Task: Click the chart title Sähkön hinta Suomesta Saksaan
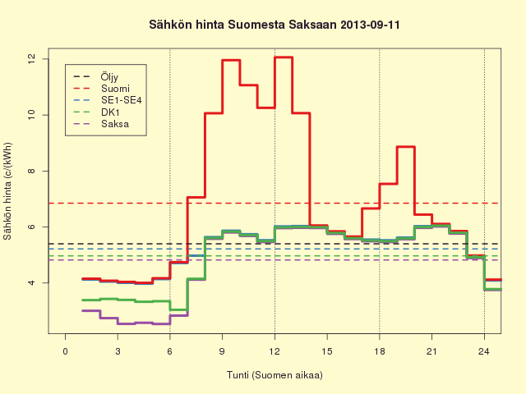pyautogui.click(x=243, y=25)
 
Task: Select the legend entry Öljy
pyautogui.click(x=109, y=77)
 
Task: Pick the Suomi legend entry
pyautogui.click(x=115, y=89)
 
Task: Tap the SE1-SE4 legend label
pyautogui.click(x=122, y=100)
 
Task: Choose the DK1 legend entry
pyautogui.click(x=110, y=112)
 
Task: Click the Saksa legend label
pyautogui.click(x=115, y=124)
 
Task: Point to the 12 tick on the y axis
pyautogui.click(x=31, y=59)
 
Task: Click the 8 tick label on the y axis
pyautogui.click(x=31, y=171)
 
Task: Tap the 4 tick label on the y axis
pyautogui.click(x=31, y=282)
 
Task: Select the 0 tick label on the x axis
pyautogui.click(x=66, y=351)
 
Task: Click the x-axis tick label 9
pyautogui.click(x=222, y=351)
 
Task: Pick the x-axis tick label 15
pyautogui.click(x=327, y=351)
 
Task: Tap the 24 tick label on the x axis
pyautogui.click(x=484, y=351)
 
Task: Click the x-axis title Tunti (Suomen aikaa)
pyautogui.click(x=275, y=375)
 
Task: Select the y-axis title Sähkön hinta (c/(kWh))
pyautogui.click(x=7, y=191)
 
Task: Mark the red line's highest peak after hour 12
pyautogui.click(x=284, y=57)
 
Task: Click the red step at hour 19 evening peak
pyautogui.click(x=406, y=147)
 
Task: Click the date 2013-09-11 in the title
pyautogui.click(x=370, y=25)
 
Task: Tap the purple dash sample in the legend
pyautogui.click(x=82, y=124)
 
